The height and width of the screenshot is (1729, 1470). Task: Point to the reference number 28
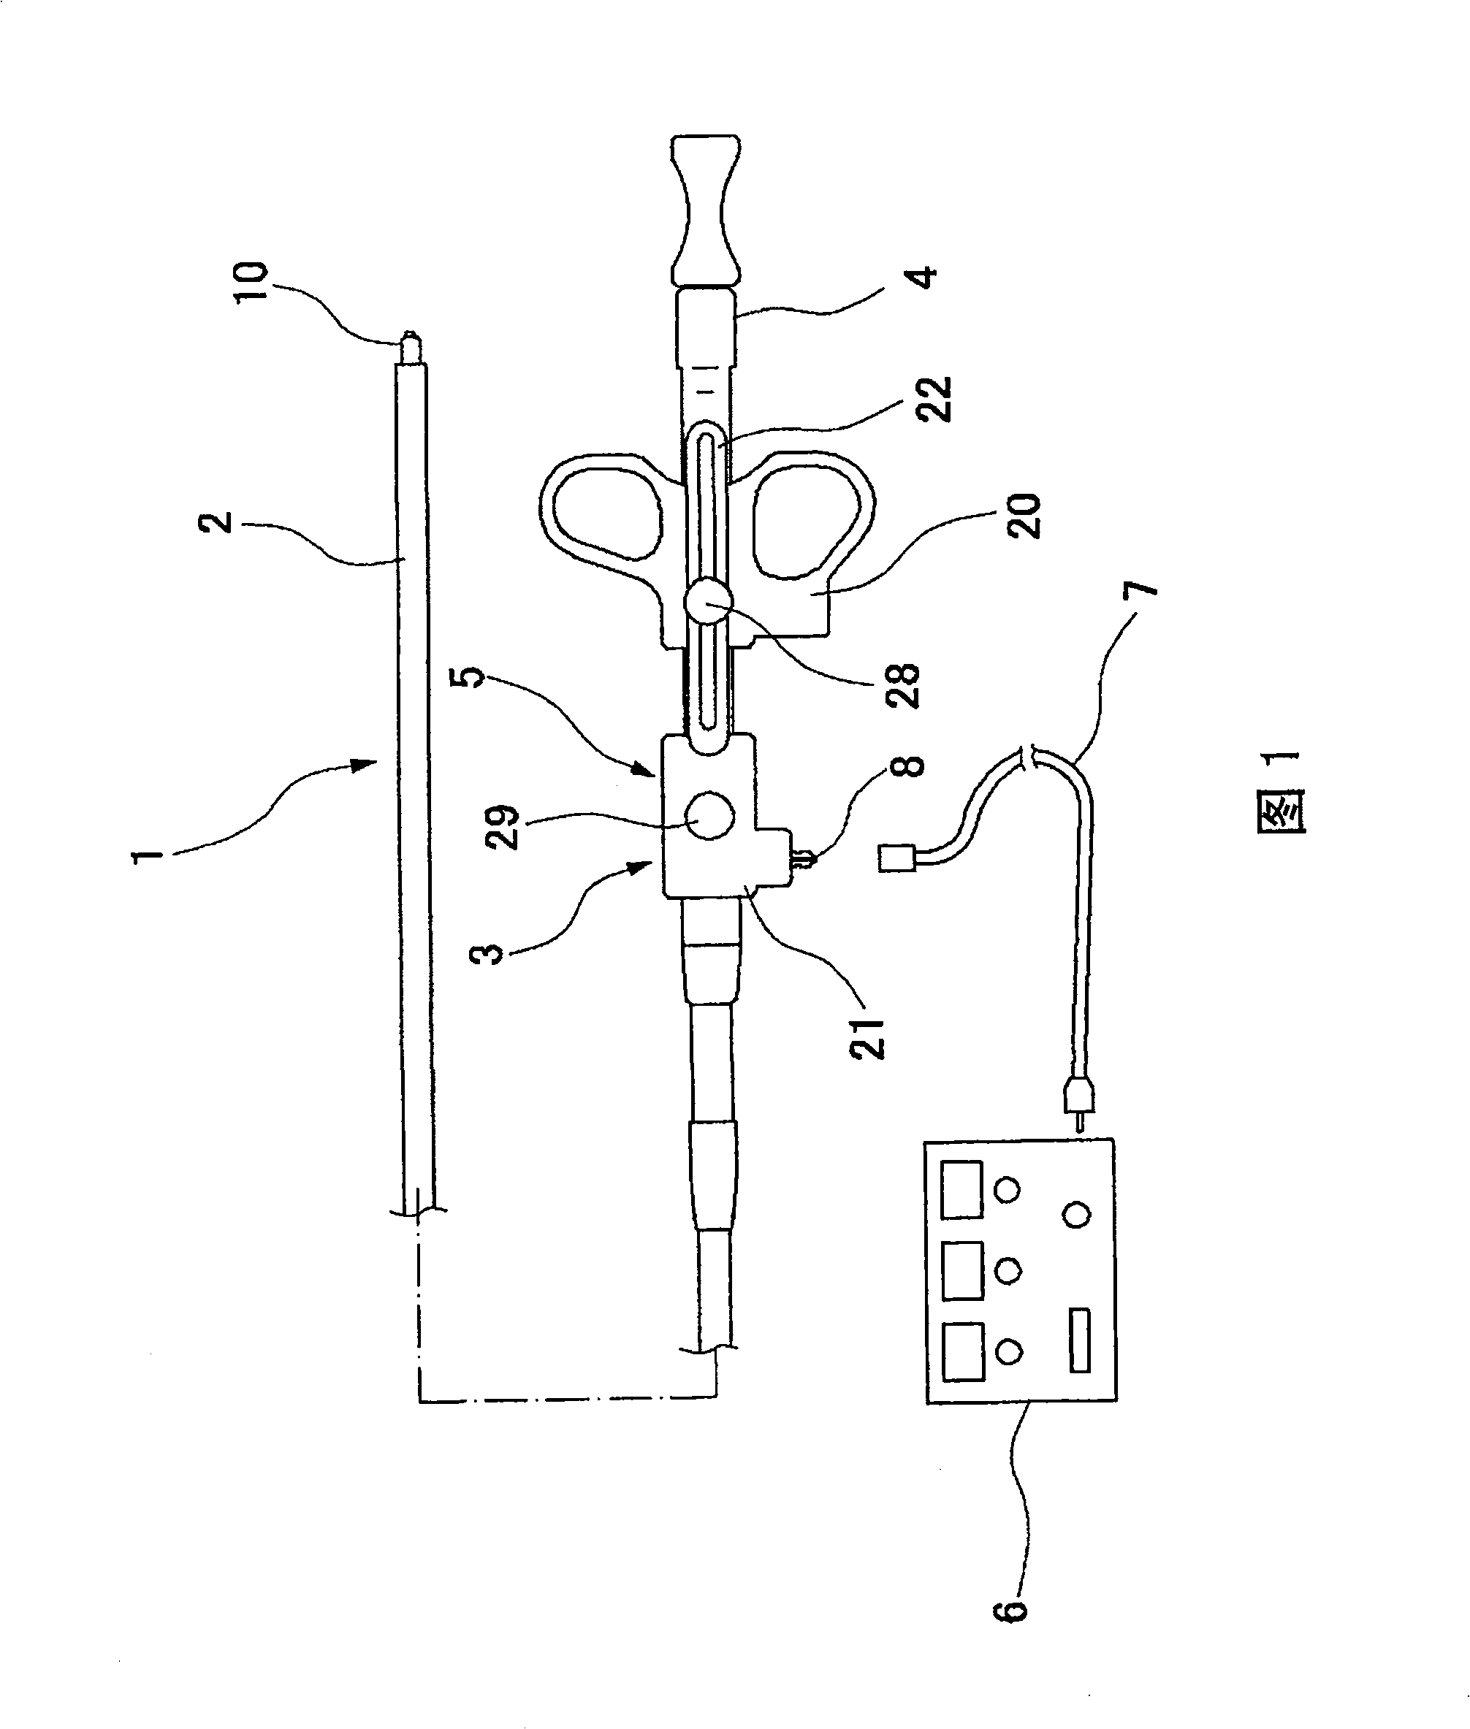tap(902, 685)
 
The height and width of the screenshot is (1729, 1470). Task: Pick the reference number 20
tap(1024, 516)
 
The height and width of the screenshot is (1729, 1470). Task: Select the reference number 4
tap(923, 277)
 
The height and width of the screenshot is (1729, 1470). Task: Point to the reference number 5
tap(473, 676)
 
